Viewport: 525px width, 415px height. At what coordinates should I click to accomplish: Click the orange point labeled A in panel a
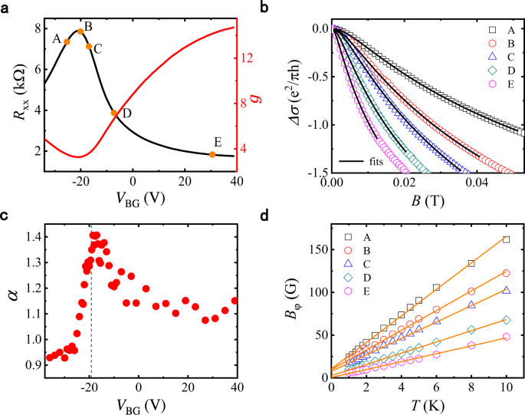tap(67, 41)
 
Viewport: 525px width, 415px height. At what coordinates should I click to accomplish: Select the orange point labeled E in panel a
tap(212, 155)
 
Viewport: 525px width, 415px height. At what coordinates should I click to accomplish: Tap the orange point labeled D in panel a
tap(114, 114)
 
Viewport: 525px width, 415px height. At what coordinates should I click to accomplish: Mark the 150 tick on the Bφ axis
tap(313, 249)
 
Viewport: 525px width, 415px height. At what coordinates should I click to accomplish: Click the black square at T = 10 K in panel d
tap(506, 239)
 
